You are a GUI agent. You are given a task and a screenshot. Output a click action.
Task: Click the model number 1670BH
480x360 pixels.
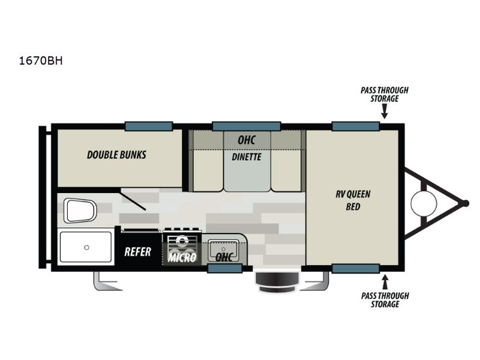(x=41, y=61)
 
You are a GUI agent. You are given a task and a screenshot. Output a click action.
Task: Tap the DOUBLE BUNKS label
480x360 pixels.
(x=116, y=155)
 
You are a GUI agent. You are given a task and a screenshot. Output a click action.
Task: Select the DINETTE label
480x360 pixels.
(x=247, y=157)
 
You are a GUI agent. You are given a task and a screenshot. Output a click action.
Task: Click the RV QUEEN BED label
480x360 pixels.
(x=353, y=200)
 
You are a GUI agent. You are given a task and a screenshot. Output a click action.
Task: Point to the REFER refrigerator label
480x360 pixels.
(x=138, y=252)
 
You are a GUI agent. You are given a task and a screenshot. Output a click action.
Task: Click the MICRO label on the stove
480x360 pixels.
(x=182, y=257)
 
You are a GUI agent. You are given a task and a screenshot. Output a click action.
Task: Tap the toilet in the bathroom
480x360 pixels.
(x=80, y=211)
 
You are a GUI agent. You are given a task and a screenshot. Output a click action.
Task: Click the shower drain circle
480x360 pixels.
(x=86, y=247)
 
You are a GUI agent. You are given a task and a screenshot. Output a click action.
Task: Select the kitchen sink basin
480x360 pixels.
(x=223, y=249)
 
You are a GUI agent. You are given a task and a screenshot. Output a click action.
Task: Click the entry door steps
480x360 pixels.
(x=277, y=281)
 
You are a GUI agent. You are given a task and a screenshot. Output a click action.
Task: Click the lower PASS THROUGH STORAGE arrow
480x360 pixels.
(x=385, y=282)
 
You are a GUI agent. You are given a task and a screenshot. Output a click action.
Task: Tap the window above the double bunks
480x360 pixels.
(x=149, y=126)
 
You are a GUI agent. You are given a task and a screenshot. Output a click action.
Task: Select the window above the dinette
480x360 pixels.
(x=247, y=126)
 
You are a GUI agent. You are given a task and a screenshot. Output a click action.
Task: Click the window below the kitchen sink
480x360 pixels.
(x=225, y=268)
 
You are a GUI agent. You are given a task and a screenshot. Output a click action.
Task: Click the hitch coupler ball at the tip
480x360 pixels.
(x=465, y=203)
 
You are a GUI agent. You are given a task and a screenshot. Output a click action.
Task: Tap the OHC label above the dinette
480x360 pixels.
(x=247, y=140)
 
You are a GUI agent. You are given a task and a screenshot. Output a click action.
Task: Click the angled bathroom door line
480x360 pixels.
(x=133, y=200)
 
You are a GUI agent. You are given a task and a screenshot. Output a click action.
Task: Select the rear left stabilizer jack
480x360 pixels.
(x=107, y=281)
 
